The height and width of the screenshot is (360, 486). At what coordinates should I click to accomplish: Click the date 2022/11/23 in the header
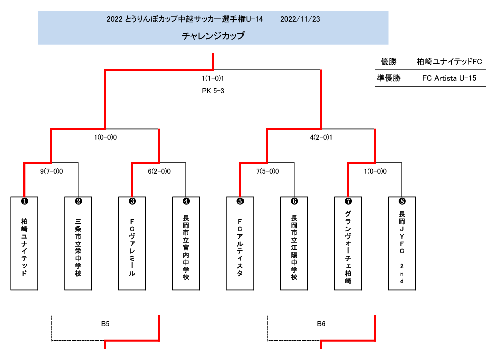coord(300,19)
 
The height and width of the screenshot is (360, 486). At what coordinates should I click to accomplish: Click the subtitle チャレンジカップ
coord(213,36)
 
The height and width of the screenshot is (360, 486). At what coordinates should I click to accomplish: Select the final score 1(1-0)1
coord(213,78)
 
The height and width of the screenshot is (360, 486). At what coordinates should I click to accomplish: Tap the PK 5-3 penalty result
coord(213,91)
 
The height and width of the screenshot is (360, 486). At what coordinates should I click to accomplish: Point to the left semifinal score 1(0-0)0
coord(105,137)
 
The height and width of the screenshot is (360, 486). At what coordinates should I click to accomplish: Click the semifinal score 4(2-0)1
coord(321,137)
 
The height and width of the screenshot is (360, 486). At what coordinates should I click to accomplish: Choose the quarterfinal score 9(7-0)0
coord(51,171)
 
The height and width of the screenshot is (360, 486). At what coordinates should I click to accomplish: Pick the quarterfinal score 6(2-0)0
coord(159,171)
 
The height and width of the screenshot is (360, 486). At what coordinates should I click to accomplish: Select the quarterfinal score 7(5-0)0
coord(267,171)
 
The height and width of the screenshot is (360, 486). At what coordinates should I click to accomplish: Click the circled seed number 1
coord(24,201)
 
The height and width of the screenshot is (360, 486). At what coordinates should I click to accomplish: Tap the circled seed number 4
coord(186,201)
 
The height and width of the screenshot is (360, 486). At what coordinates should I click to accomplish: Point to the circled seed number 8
coord(402,201)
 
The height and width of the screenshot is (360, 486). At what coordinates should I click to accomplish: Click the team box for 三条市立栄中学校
coord(78,243)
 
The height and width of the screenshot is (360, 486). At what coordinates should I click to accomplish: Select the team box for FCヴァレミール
coord(132,243)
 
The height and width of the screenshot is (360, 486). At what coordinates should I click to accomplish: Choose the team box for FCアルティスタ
coord(240,243)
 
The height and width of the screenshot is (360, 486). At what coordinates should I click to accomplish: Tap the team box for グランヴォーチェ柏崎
coord(348,243)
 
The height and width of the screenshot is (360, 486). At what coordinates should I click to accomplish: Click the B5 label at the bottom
coord(105,324)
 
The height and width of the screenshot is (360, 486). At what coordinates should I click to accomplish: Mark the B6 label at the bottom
coord(321,324)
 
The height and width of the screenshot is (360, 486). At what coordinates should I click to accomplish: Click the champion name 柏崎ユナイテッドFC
coord(449,61)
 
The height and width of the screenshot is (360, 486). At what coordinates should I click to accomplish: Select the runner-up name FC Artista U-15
coord(449,78)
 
